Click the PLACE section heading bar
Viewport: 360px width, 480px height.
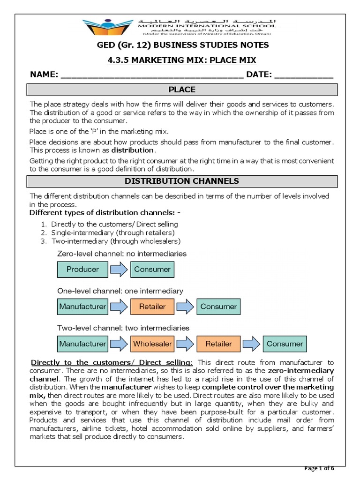(x=182, y=90)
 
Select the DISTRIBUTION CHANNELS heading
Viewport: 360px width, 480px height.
(x=182, y=180)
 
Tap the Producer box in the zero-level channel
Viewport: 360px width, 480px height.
(x=82, y=269)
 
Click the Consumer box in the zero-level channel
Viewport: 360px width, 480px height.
(x=152, y=269)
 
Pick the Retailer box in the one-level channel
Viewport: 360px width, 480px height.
(x=152, y=307)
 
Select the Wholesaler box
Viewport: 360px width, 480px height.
(x=152, y=344)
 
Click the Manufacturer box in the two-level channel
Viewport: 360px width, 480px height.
(x=82, y=344)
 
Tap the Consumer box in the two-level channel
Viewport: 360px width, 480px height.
(x=285, y=344)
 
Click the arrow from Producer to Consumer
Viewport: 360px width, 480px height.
(x=118, y=269)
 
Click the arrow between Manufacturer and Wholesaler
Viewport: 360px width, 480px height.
(x=118, y=344)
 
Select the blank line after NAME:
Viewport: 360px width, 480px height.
(x=152, y=75)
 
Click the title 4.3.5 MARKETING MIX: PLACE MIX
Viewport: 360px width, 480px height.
(x=182, y=60)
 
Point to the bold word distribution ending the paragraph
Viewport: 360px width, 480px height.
(x=135, y=150)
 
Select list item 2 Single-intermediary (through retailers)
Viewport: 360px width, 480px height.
(x=112, y=232)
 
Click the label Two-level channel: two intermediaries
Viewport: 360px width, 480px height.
(x=123, y=328)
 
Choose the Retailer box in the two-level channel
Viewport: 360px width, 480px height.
(x=218, y=344)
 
